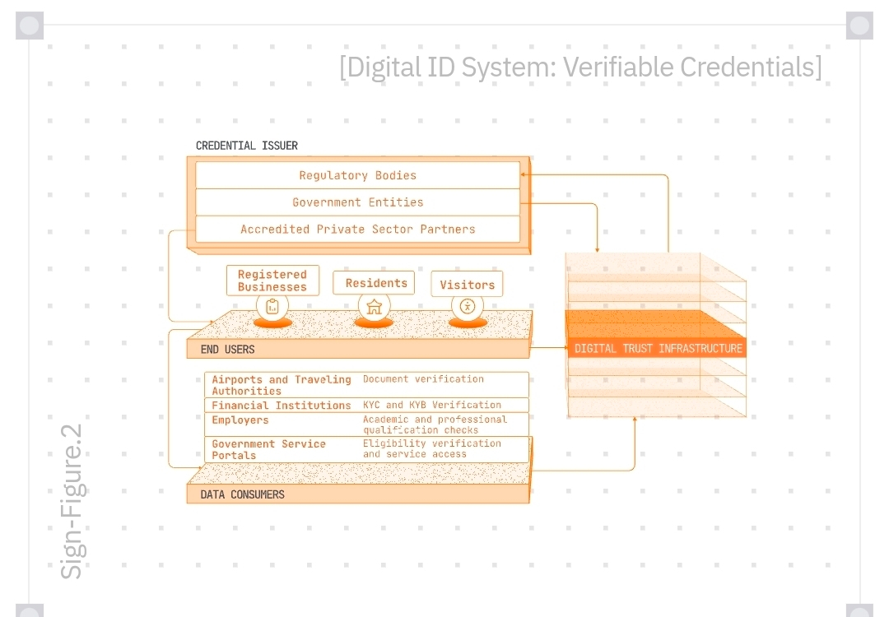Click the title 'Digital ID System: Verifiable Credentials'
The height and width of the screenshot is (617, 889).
580,67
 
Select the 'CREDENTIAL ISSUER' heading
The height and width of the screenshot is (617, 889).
247,146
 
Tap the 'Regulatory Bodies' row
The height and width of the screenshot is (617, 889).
358,175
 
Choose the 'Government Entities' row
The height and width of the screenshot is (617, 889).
358,202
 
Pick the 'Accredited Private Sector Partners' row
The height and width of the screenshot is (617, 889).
358,230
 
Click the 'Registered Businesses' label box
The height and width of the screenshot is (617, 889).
272,281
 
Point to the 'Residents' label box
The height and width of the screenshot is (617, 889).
376,283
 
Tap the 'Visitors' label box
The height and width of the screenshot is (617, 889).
467,285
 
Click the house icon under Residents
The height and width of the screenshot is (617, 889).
375,307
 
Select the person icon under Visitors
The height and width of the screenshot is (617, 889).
468,307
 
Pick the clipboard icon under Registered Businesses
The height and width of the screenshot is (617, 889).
272,307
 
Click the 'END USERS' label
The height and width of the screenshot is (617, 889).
228,350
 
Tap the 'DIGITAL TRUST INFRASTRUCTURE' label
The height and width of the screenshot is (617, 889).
659,349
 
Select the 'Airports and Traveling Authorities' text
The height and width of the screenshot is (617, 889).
281,385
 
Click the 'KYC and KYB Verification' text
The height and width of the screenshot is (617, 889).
432,405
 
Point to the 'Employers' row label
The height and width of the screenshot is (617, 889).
240,420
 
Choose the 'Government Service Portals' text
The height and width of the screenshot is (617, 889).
268,449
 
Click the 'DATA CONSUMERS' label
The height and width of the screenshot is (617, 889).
243,494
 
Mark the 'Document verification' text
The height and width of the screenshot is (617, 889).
423,379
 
